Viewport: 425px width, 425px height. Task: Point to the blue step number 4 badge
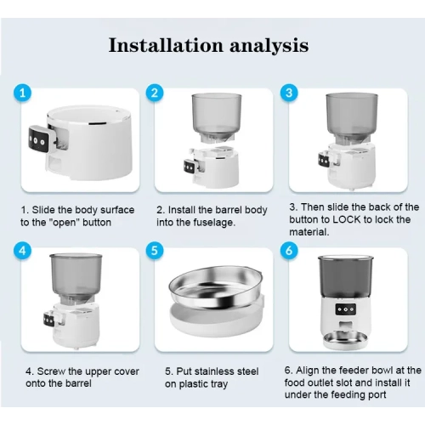(x=23, y=251)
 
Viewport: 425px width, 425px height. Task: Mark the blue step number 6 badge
(x=289, y=251)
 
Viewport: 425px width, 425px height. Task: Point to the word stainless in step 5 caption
(x=216, y=371)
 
